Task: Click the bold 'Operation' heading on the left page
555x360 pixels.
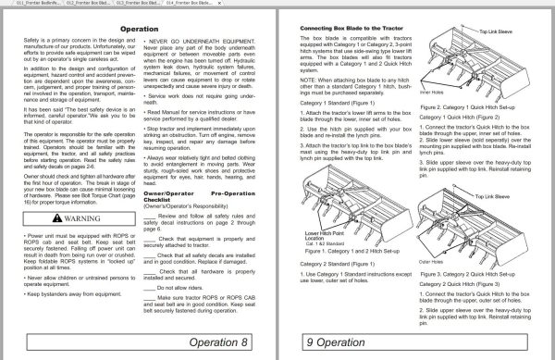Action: tap(138, 30)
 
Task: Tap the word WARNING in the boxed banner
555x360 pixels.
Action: tap(78, 218)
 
